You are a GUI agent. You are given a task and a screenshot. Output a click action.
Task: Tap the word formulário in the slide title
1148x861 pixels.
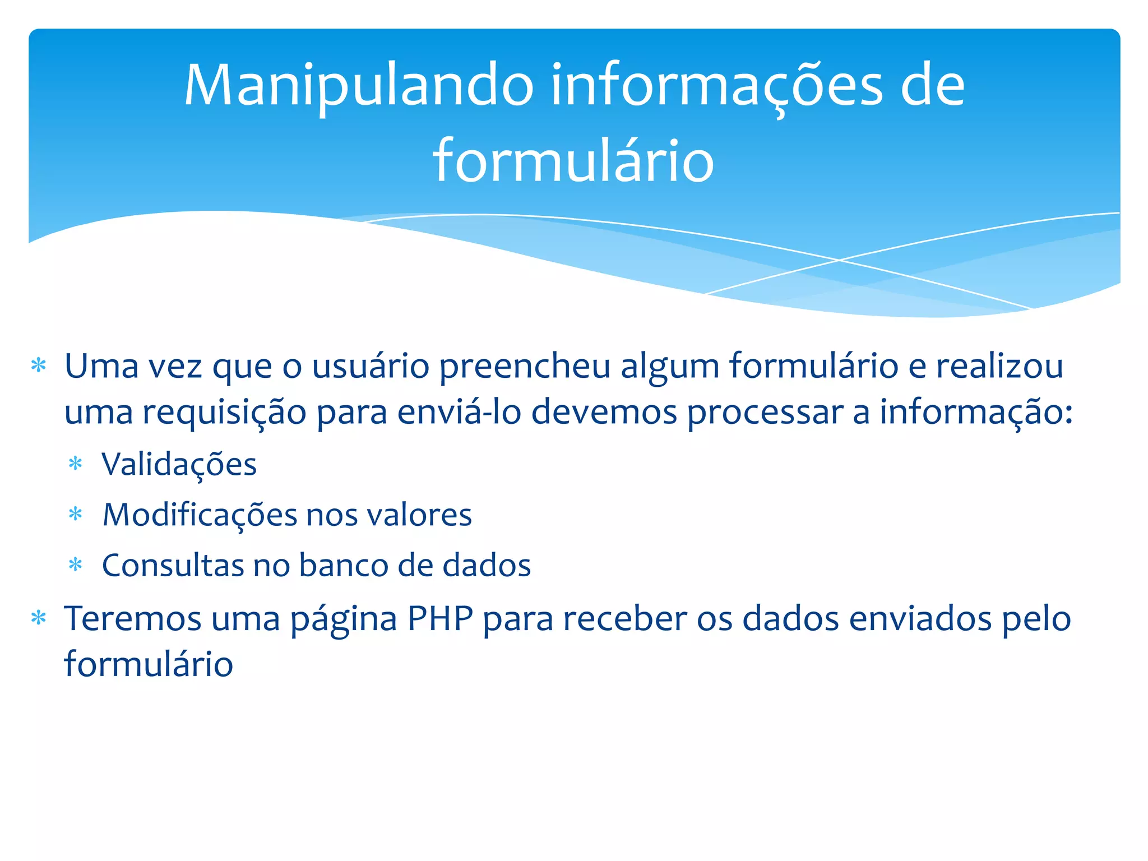pos(573,161)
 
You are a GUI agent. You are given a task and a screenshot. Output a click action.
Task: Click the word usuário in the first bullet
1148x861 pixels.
pos(371,367)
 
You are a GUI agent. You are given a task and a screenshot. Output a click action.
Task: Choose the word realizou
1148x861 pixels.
pos(999,366)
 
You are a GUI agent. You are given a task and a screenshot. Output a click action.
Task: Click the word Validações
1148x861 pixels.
pos(179,465)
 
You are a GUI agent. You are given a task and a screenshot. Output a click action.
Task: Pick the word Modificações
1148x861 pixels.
pos(200,516)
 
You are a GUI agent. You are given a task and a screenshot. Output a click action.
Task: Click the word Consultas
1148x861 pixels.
pos(173,565)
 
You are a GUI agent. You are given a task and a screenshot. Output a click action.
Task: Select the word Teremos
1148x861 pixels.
pos(133,619)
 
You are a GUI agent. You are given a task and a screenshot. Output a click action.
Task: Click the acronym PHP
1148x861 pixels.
pos(440,619)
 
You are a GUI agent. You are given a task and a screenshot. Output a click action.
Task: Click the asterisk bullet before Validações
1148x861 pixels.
pos(75,464)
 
